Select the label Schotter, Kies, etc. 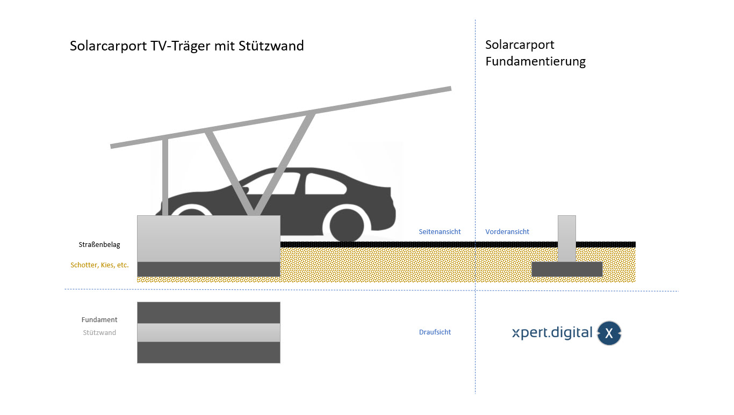click(99, 265)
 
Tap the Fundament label click(99, 319)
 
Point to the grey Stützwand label click(99, 332)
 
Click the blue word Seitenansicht click(440, 231)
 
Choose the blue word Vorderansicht click(507, 231)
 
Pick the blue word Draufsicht click(435, 332)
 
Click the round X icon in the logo click(609, 333)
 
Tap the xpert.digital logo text click(552, 333)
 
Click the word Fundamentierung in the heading click(535, 61)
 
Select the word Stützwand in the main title click(275, 46)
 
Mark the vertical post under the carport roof click(165, 177)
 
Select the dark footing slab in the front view click(566, 269)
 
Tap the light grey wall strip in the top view click(208, 332)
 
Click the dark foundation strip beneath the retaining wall click(208, 269)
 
